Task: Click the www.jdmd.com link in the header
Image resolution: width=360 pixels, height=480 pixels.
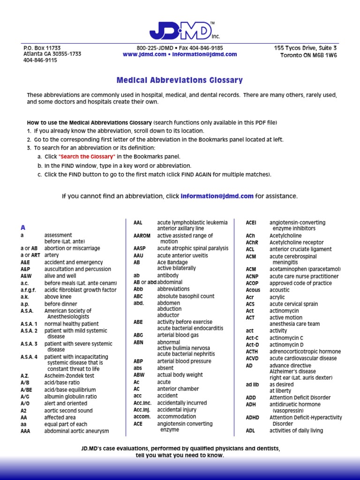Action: click(144, 54)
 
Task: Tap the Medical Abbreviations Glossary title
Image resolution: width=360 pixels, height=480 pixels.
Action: click(180, 80)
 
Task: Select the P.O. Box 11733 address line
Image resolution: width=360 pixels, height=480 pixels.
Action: click(42, 48)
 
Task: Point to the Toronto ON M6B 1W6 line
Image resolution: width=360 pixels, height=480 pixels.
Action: click(308, 55)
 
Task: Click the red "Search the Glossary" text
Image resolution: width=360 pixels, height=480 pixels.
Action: click(87, 157)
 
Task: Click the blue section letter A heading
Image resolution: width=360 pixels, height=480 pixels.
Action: click(22, 227)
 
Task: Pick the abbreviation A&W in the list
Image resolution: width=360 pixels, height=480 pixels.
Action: click(26, 276)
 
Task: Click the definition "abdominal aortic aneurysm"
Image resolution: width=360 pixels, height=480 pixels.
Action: click(76, 431)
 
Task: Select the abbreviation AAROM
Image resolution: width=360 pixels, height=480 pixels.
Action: click(142, 236)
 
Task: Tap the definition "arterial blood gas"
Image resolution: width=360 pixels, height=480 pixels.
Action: click(178, 335)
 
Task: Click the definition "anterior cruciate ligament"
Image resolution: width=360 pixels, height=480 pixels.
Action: click(300, 249)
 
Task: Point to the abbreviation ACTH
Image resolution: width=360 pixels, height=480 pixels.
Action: click(252, 352)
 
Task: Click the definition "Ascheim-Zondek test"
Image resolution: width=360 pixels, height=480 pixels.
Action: click(69, 375)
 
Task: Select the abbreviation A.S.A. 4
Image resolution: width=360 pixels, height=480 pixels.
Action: click(29, 357)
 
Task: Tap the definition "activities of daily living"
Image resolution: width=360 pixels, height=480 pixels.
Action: click(296, 431)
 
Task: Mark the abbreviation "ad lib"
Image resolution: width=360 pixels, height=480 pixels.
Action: click(252, 384)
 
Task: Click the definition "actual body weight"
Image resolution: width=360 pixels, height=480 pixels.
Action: click(180, 375)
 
